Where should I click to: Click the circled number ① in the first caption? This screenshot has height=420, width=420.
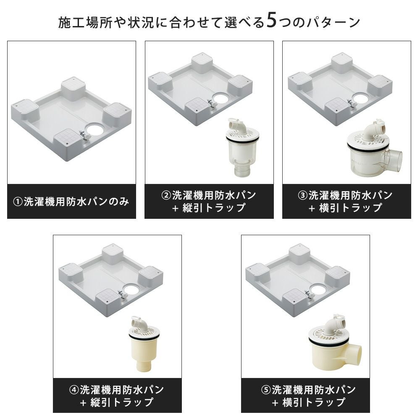pos(18,202)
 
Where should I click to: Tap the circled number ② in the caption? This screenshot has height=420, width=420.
pos(166,195)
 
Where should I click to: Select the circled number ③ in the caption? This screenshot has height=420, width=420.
pos(303,195)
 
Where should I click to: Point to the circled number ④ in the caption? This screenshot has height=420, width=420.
pos(74,390)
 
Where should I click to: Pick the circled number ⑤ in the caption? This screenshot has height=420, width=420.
pos(266,390)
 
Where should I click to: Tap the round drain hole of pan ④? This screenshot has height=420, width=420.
pos(131,289)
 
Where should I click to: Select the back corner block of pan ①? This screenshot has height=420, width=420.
pos(73,88)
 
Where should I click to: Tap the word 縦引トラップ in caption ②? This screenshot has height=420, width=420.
pos(214,208)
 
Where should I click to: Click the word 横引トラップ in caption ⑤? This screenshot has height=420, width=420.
pos(314,402)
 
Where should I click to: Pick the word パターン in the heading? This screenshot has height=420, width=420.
pos(333,22)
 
